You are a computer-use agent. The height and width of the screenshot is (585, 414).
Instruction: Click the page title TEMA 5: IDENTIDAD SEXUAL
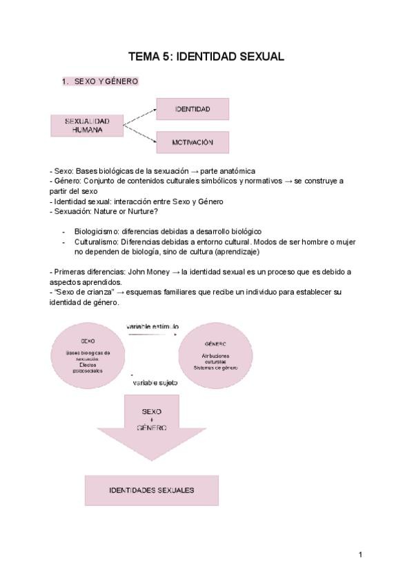pos(206,57)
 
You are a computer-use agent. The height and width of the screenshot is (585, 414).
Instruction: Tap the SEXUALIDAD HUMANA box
pos(87,125)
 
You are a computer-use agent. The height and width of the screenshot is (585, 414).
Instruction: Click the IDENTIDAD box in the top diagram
pos(193,109)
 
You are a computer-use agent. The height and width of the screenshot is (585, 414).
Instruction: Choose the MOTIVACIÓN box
pos(193,142)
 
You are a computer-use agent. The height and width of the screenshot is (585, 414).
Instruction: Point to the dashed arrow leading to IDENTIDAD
pos(139,116)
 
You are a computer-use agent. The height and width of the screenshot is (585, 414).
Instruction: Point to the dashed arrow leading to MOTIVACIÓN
pos(139,135)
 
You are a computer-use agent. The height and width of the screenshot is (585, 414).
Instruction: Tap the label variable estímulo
pos(152,326)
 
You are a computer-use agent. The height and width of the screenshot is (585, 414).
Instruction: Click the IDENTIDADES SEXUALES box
pos(152,490)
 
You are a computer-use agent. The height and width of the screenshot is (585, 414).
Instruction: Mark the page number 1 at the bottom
pos(360,553)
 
